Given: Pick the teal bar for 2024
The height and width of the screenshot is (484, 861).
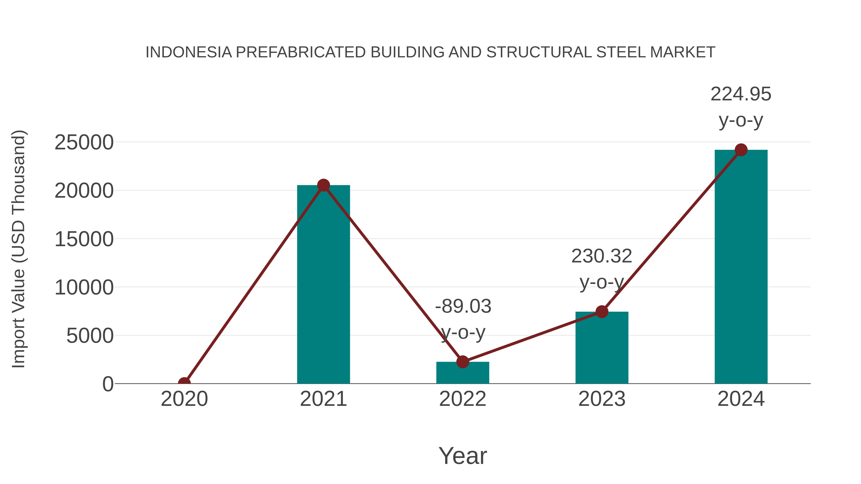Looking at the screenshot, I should [x=741, y=267].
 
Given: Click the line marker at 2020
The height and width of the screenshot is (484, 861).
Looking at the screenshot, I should [x=184, y=383].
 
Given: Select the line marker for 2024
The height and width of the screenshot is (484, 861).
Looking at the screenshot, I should [x=741, y=150].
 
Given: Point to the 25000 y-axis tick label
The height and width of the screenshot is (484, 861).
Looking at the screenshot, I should [x=84, y=143].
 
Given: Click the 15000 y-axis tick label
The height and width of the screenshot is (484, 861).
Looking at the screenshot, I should [x=84, y=239].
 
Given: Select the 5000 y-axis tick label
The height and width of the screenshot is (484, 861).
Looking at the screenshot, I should [x=90, y=336].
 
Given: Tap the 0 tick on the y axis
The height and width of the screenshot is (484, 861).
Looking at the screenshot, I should [x=108, y=384].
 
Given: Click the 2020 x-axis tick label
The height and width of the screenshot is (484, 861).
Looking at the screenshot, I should [x=184, y=399].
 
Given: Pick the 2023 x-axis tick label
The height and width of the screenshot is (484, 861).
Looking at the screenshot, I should [x=602, y=399].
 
